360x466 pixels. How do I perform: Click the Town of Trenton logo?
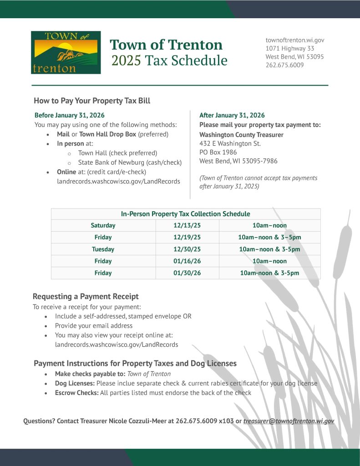tap(66, 52)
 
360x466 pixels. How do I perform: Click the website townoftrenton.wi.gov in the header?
tap(294, 41)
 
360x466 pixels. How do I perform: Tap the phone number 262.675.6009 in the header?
tap(284, 65)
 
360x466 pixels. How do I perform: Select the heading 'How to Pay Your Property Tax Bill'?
tap(92, 101)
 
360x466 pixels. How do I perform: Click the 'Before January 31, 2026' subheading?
tap(70, 116)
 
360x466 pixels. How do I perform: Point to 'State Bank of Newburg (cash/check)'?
tap(130, 162)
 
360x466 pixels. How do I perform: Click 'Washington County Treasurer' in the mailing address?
tap(241, 135)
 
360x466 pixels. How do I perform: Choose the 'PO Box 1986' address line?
tap(218, 152)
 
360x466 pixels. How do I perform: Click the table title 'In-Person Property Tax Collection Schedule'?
tap(185, 214)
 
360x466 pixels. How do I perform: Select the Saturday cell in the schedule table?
tap(103, 225)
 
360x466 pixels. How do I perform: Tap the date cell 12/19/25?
tap(187, 237)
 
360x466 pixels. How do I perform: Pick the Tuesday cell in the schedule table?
tap(103, 249)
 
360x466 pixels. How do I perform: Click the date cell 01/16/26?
tap(187, 261)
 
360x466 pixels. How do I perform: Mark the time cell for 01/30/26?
tap(269, 273)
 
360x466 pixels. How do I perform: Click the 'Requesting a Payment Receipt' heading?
tap(86, 297)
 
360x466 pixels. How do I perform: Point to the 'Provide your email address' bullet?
tap(94, 326)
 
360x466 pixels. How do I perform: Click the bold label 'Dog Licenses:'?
tap(75, 383)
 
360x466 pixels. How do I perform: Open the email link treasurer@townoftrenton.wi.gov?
tap(289, 421)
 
